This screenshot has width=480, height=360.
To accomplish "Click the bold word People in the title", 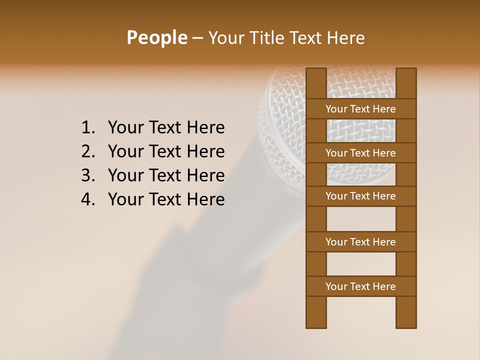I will click(156, 37).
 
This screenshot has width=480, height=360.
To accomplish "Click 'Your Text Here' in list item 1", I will click(166, 128).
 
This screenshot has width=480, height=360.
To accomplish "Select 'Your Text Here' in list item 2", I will click(166, 151).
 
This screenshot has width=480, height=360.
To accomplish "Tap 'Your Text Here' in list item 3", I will click(166, 175).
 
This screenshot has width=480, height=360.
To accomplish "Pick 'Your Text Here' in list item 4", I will click(166, 199).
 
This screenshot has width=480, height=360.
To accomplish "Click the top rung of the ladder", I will click(360, 109).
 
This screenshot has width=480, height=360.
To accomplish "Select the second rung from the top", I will click(360, 153).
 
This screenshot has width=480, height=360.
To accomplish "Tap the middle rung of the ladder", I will click(360, 196).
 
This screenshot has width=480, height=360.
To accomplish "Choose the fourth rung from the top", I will click(360, 242).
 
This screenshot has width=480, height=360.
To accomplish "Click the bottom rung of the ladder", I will click(360, 286).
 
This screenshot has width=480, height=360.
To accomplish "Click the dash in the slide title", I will click(197, 38).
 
